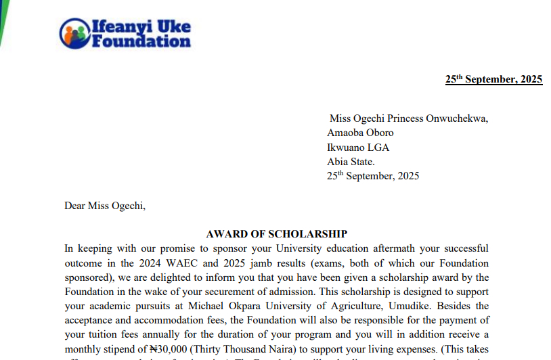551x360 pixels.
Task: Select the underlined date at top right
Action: pyautogui.click(x=493, y=79)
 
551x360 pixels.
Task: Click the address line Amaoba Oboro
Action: pyautogui.click(x=360, y=133)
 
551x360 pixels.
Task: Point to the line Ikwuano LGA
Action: pyautogui.click(x=358, y=148)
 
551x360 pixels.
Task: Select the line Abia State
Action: pyautogui.click(x=351, y=162)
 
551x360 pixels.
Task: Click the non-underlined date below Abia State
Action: pyautogui.click(x=373, y=176)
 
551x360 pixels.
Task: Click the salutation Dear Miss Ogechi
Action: pyautogui.click(x=105, y=206)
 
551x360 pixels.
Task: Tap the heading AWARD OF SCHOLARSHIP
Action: pyautogui.click(x=276, y=234)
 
